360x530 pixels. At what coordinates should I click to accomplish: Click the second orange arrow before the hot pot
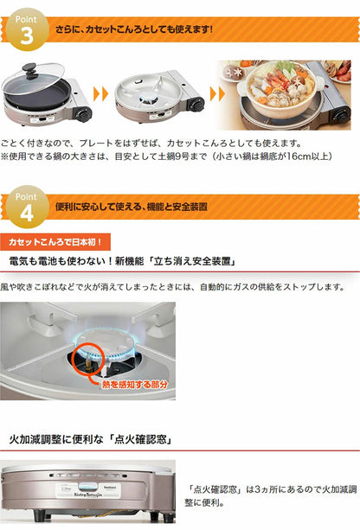208,93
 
